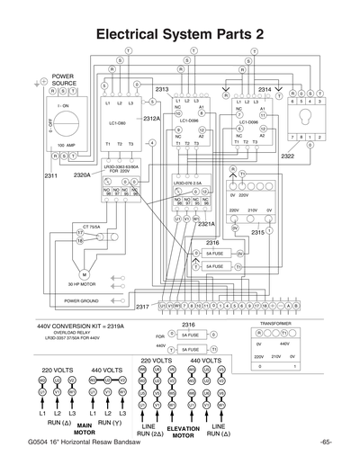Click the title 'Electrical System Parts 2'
(180, 32)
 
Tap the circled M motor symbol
(85, 273)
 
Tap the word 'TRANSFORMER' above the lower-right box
(274, 321)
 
